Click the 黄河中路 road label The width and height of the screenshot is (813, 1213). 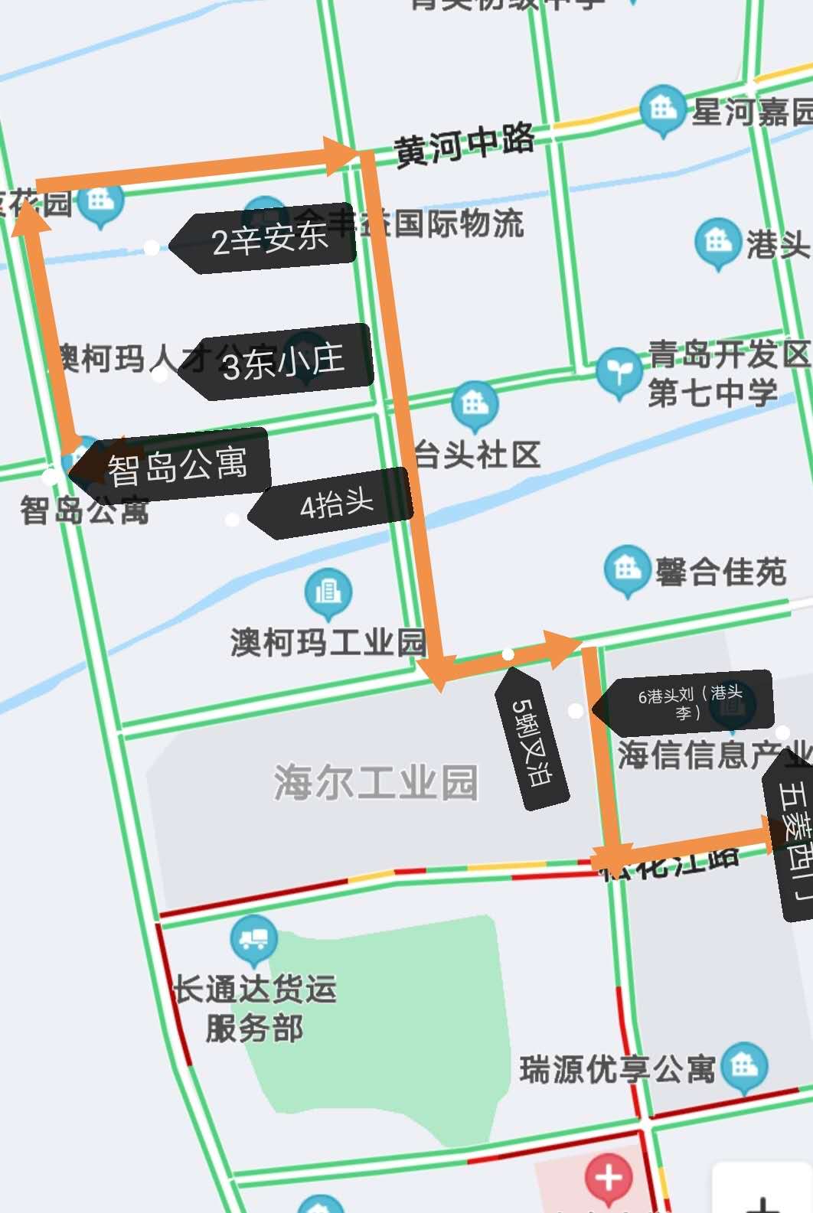coord(464,144)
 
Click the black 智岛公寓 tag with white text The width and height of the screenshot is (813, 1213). coord(176,465)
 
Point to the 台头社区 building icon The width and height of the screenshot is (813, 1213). coord(475,404)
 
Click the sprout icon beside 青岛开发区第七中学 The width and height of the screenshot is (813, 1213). coord(618,372)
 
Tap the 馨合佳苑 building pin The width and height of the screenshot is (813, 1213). coord(627,569)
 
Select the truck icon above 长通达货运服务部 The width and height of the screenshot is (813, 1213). coord(253,938)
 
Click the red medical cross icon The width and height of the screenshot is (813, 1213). coord(609,1177)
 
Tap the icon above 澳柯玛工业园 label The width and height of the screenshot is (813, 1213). coord(328,592)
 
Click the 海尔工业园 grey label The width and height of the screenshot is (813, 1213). coord(376,782)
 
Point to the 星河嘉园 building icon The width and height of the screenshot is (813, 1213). coord(662,109)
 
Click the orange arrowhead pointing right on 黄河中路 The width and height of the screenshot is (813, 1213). coord(340,156)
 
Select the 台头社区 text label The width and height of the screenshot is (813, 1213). coord(478,455)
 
